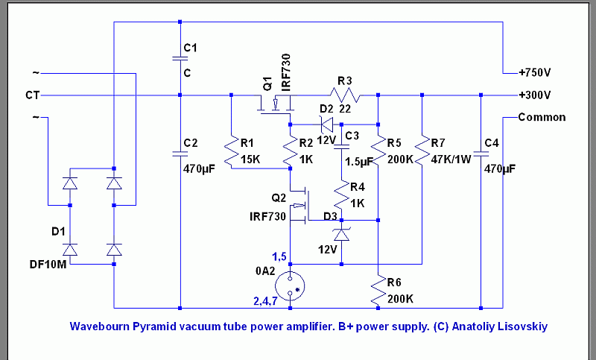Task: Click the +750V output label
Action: [x=535, y=73]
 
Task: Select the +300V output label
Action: [x=535, y=95]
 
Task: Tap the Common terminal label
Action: [x=542, y=117]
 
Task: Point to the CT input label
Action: [x=32, y=95]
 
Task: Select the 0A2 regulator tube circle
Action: [x=289, y=284]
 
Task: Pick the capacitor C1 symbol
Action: [x=180, y=60]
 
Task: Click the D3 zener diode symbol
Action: [x=341, y=234]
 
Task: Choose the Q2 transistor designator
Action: [x=279, y=198]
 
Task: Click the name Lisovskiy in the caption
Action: [x=524, y=326]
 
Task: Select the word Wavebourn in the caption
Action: [x=97, y=326]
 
